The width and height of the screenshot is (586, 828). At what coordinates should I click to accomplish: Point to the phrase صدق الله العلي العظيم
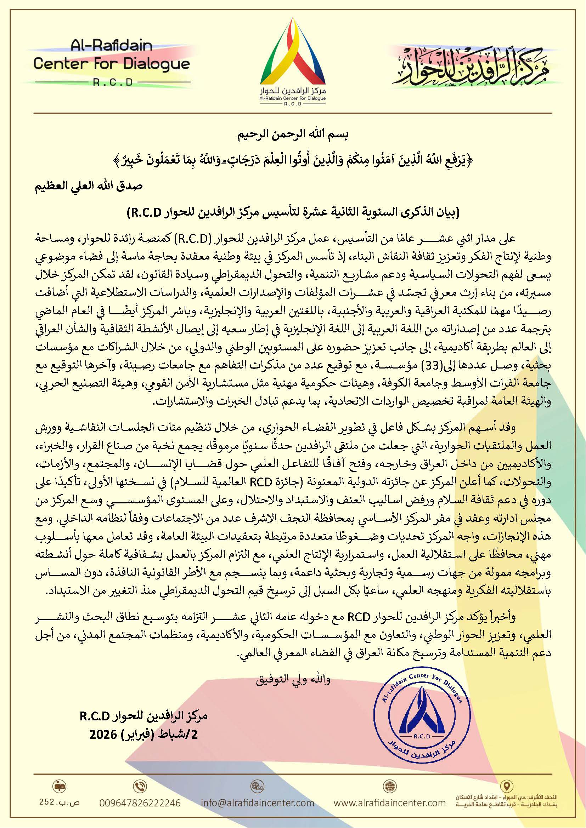pos(89,186)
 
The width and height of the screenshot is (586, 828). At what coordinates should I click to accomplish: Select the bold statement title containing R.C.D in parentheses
pos(293,212)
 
